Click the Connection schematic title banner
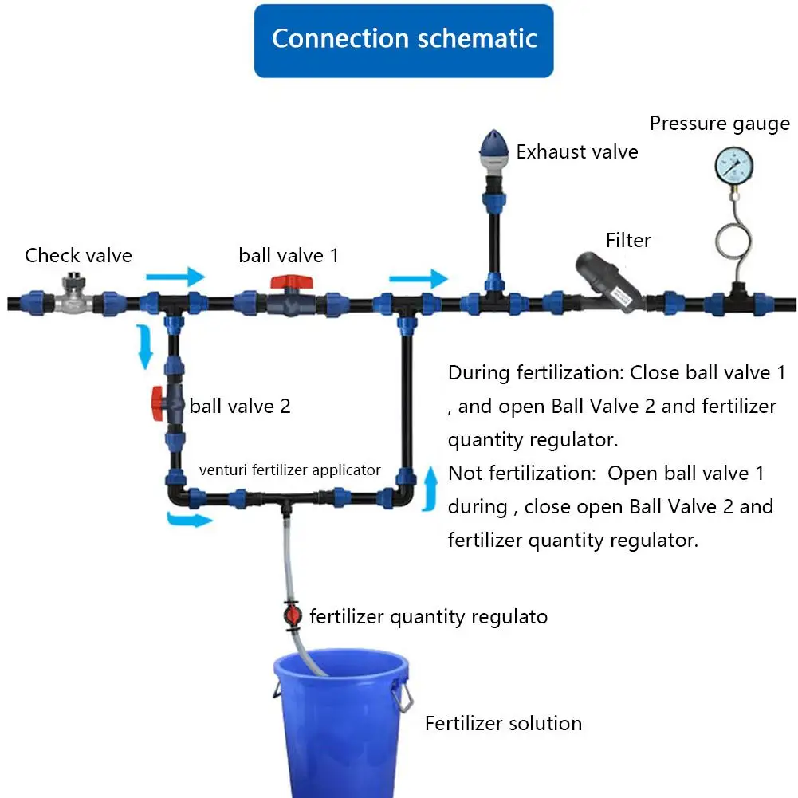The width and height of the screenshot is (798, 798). coord(403,41)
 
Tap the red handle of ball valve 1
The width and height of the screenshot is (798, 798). coord(291,282)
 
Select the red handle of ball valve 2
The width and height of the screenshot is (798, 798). coord(157,403)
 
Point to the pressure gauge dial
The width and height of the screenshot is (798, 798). coord(734,165)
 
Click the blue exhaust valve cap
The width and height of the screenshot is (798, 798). coord(493,143)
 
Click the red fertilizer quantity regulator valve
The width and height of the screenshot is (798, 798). coord(292,615)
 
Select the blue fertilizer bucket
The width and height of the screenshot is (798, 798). coord(341,723)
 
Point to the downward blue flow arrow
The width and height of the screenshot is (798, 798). coord(146,346)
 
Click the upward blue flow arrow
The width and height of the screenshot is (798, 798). coord(430,489)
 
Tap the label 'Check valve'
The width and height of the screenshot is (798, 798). coord(78,255)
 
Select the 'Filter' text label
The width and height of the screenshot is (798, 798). coord(628,240)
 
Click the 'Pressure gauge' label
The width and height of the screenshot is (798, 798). coord(720,124)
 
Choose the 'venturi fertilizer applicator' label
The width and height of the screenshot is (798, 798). coord(289,470)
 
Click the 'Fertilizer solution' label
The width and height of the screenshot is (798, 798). coord(503,723)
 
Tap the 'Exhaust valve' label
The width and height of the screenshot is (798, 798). coord(577,151)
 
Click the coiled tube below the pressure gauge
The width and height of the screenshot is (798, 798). coord(733,239)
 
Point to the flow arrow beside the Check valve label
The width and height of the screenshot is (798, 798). coord(175,277)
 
